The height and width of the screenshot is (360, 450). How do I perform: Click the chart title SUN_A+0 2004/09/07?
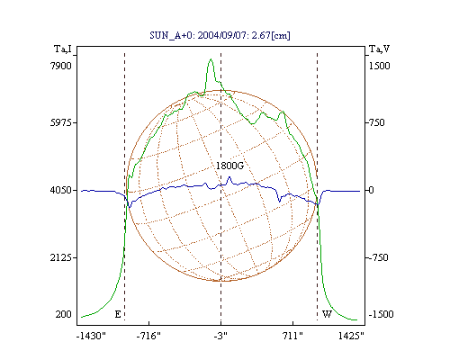click(x=220, y=35)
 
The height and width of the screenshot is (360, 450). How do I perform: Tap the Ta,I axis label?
click(x=63, y=49)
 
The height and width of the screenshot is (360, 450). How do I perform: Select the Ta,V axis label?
click(x=380, y=49)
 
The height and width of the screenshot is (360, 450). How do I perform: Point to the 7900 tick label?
click(x=61, y=66)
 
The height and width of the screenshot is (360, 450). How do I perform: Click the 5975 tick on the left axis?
click(x=61, y=122)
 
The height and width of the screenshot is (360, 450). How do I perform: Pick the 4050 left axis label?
click(x=61, y=190)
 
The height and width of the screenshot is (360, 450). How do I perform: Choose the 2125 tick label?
click(x=61, y=257)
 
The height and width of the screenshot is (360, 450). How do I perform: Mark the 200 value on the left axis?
click(x=63, y=314)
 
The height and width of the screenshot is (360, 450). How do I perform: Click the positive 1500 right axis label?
click(x=380, y=66)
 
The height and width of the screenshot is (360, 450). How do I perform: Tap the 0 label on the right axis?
click(x=372, y=190)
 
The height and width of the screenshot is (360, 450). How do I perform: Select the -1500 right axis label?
click(x=381, y=314)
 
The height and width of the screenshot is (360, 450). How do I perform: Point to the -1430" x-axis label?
click(x=91, y=336)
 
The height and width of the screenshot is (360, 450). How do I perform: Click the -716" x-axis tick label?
click(x=148, y=336)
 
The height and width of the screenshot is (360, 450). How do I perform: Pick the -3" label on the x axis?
click(x=220, y=336)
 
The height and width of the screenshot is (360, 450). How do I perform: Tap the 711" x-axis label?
click(x=292, y=336)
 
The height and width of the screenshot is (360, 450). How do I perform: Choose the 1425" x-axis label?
click(x=351, y=336)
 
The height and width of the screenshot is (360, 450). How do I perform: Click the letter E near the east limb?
click(x=118, y=314)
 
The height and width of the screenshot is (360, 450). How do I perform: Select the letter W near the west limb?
click(x=327, y=314)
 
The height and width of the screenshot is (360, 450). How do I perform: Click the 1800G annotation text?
click(x=229, y=166)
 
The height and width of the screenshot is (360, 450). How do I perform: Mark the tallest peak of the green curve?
click(x=211, y=59)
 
